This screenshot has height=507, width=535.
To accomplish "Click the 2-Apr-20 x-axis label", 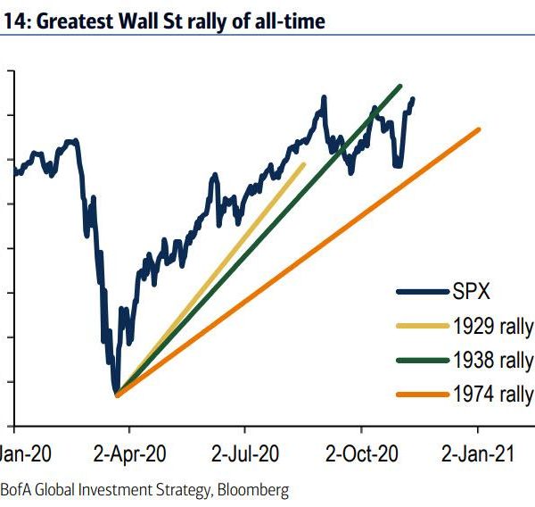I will (131, 453).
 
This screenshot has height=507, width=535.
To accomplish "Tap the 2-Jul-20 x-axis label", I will (247, 453).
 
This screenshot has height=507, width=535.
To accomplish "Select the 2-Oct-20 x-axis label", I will (361, 453).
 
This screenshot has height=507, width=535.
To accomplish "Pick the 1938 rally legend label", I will (493, 361).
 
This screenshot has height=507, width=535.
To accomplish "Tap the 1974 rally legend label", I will (493, 395).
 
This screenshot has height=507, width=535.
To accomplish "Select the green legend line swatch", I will (422, 361).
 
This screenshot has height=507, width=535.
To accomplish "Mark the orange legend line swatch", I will (422, 395).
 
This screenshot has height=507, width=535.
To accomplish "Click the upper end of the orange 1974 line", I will (479, 129).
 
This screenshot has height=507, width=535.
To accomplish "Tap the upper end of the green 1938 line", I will (401, 86).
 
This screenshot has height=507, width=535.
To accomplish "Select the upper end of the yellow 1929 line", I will (303, 164).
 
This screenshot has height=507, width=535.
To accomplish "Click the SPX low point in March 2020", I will (116, 393).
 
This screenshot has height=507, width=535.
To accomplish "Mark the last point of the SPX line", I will (413, 98).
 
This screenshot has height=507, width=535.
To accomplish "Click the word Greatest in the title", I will (74, 20).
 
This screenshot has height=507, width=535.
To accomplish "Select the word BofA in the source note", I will (16, 490).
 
